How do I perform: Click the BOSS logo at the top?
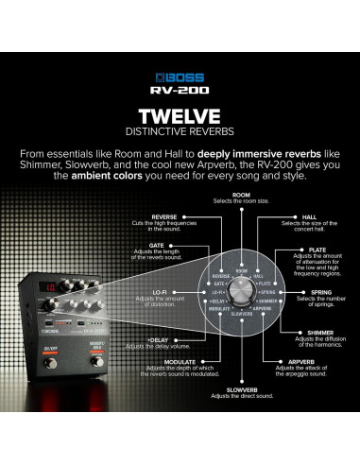point(180,72)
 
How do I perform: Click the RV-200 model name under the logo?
point(180,90)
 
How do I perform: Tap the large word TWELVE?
point(180,115)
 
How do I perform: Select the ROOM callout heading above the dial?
point(242,194)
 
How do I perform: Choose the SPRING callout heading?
point(319,295)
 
